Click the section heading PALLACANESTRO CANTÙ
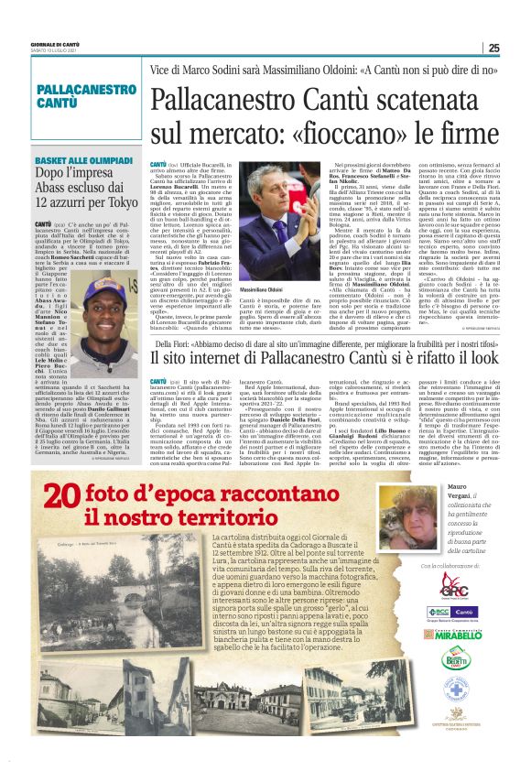[x=86, y=95]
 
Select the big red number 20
[x=65, y=496]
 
